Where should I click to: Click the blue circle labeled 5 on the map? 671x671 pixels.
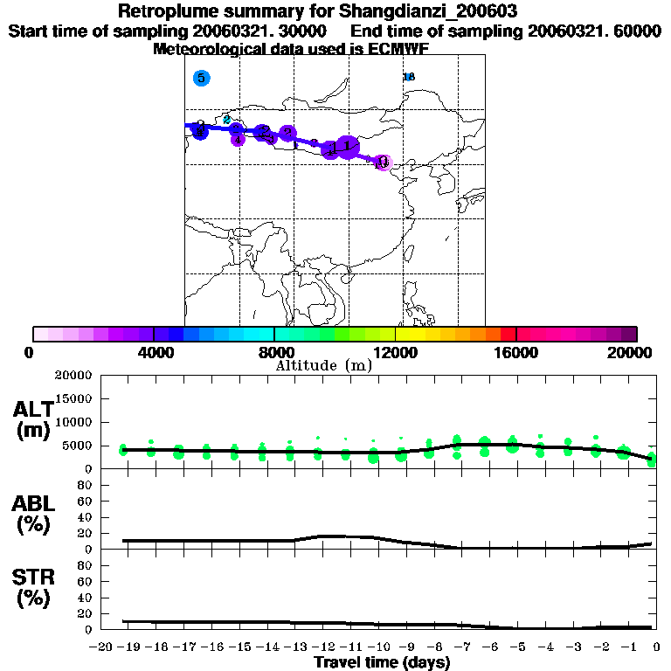coord(202,78)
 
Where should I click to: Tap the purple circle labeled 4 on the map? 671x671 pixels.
coord(238,139)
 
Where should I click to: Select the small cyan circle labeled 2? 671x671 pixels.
coord(227,120)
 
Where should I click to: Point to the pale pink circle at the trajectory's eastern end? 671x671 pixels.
coord(384,163)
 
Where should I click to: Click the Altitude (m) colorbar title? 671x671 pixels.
coord(323,365)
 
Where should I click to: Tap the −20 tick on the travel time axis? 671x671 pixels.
coord(103,647)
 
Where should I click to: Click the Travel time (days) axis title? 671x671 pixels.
coord(382,663)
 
